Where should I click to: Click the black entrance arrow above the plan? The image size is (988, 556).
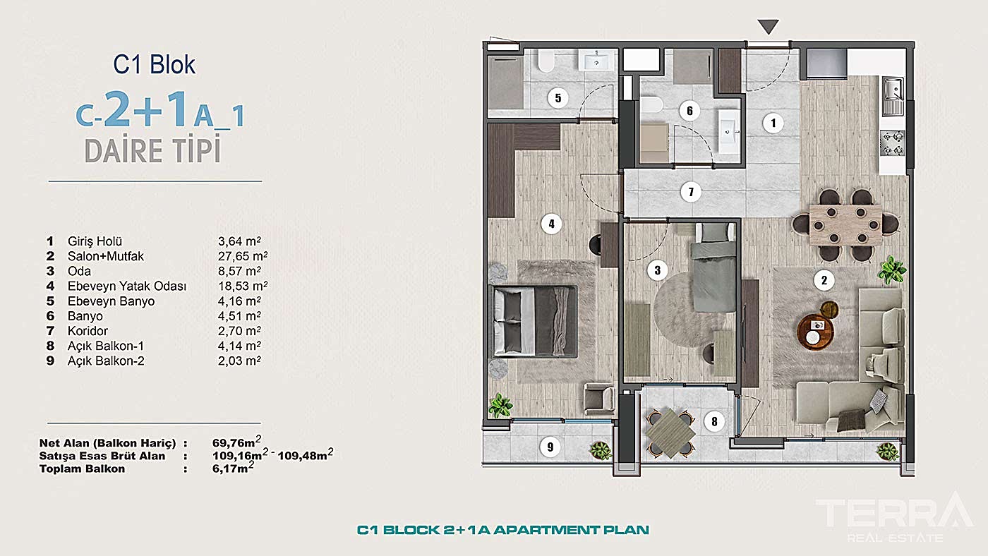[x=768, y=26]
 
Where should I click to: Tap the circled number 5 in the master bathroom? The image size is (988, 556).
[x=558, y=97]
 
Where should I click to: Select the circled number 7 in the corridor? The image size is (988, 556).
[x=691, y=192]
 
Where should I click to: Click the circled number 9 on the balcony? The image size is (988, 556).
[x=550, y=447]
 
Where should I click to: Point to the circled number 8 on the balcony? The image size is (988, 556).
[x=714, y=421]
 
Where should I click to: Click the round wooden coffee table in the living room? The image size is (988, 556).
[x=815, y=332]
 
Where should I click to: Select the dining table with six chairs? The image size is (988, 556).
[x=845, y=225]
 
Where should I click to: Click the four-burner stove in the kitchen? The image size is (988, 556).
[x=892, y=143]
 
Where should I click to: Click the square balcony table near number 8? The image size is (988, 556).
[x=670, y=433]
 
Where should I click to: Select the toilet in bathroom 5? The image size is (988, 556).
[x=546, y=61]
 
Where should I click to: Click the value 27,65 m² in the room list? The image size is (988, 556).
[x=243, y=256]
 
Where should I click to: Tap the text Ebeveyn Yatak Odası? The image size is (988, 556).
[x=127, y=286]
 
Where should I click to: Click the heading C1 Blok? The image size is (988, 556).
[x=154, y=64]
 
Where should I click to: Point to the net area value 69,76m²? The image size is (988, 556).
[x=236, y=442]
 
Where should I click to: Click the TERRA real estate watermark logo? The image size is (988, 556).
[x=894, y=516]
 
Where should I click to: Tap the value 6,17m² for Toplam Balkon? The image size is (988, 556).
[x=233, y=468]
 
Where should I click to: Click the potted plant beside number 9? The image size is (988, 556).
[x=601, y=451]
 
